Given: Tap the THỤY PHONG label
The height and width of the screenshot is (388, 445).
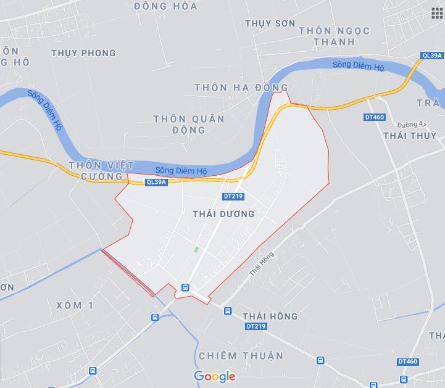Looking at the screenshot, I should point(83,53).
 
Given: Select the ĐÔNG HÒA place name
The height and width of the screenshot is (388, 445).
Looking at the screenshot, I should point(165,6).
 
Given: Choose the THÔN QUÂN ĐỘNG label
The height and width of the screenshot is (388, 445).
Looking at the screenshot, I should point(189,124).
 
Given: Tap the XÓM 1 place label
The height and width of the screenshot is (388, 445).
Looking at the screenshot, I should point(73,305).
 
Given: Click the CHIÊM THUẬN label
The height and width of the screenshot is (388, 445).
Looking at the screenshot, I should point(241,356).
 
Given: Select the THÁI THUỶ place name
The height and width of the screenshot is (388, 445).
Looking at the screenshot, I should point(409,135).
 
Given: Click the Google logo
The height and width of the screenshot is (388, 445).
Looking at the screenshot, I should point(215,376).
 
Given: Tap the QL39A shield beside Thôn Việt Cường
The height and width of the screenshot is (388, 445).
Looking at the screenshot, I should point(157,182).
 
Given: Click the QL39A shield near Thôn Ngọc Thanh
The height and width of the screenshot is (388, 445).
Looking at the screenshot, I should point(431,55).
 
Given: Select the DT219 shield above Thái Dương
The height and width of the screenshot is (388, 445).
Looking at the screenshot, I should point(233,196).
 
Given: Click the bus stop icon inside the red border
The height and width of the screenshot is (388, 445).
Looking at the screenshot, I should point(185,287).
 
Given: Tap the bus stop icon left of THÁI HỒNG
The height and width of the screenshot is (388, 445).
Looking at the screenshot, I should point(228,312).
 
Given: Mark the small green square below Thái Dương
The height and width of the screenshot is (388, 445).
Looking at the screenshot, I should point(197,250).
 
